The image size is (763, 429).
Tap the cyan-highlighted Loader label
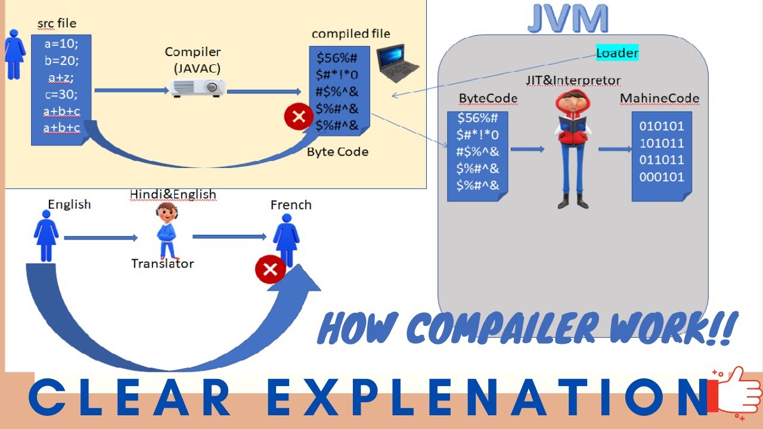click(x=617, y=53)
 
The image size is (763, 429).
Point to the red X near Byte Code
click(x=299, y=116)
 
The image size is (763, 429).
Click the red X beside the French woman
click(x=270, y=270)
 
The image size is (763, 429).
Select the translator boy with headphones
click(x=168, y=229)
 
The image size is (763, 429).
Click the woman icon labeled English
click(x=46, y=238)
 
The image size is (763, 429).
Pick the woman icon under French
click(x=287, y=240)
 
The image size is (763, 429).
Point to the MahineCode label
click(x=659, y=98)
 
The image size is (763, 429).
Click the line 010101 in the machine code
click(x=662, y=126)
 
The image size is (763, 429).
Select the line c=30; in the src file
click(x=61, y=94)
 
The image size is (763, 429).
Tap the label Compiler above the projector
click(x=193, y=52)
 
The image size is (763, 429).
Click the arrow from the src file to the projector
click(x=132, y=91)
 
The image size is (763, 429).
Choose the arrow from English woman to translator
click(x=100, y=238)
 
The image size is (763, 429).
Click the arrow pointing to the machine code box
click(x=615, y=149)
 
